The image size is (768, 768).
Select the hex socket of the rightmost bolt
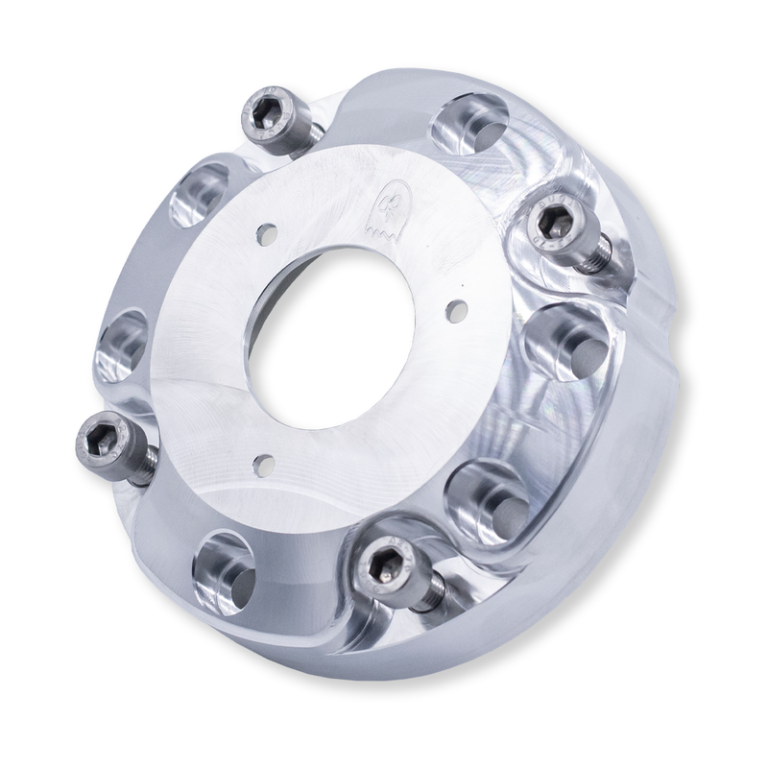pyautogui.click(x=555, y=224)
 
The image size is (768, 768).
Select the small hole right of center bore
pyautogui.click(x=457, y=309)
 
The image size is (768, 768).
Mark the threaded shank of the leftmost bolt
pyautogui.click(x=142, y=468)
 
